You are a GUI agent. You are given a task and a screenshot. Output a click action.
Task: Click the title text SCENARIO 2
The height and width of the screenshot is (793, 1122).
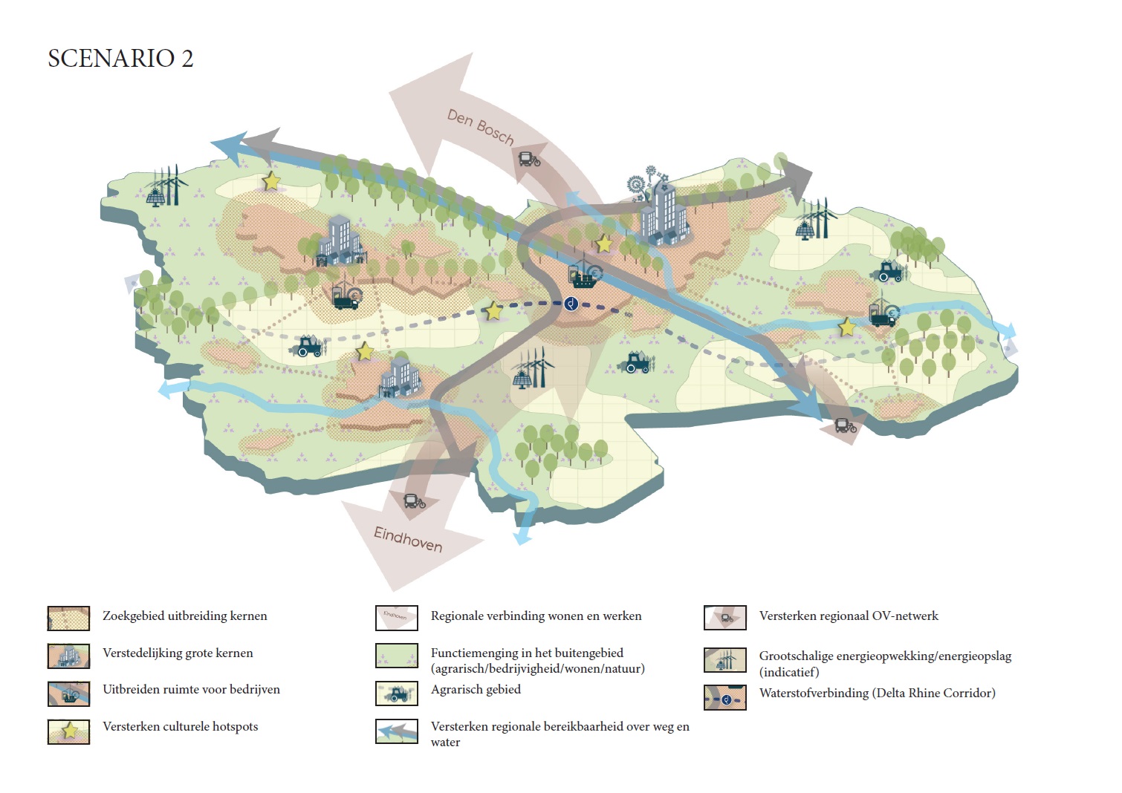click(x=120, y=59)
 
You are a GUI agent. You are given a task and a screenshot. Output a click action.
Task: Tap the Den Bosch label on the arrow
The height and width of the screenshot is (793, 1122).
click(x=480, y=126)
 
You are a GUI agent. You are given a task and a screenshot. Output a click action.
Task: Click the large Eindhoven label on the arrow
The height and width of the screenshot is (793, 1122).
click(x=408, y=540)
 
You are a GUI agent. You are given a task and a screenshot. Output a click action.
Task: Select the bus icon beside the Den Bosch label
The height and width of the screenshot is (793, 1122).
click(x=529, y=159)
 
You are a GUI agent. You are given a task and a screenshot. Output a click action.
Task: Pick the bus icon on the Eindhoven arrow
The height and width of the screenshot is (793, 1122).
click(x=414, y=501)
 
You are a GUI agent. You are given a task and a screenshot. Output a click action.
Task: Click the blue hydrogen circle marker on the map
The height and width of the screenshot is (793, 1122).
click(x=571, y=303)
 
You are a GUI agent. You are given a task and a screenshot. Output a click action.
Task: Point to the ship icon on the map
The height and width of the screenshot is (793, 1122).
click(x=583, y=276)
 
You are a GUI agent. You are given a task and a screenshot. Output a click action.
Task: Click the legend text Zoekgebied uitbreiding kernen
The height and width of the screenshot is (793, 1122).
click(x=184, y=616)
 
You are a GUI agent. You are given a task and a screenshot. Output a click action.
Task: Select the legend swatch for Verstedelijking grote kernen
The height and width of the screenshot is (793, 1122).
click(x=68, y=656)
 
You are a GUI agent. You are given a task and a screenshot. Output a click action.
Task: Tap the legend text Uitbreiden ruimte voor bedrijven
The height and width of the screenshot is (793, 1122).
click(x=191, y=690)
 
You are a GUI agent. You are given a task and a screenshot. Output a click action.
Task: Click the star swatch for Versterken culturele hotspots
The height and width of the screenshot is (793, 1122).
click(x=68, y=731)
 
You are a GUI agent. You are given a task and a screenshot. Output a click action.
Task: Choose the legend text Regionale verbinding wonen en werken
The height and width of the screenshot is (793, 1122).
click(x=536, y=616)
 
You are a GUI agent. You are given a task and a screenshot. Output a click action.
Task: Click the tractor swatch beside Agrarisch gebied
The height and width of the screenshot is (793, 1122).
click(x=397, y=694)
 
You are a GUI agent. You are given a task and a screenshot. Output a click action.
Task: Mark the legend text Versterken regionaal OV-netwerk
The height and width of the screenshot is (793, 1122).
click(x=849, y=616)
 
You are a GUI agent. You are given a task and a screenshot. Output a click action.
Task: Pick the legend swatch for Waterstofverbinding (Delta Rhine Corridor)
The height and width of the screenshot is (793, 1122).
click(x=725, y=698)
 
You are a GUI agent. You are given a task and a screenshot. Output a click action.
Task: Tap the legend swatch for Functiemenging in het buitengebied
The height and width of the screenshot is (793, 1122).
click(x=397, y=656)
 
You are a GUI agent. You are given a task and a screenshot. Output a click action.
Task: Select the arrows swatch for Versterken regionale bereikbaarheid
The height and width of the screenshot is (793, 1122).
click(x=397, y=731)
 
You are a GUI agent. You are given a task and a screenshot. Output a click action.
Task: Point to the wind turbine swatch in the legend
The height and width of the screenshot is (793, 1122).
click(x=725, y=659)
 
